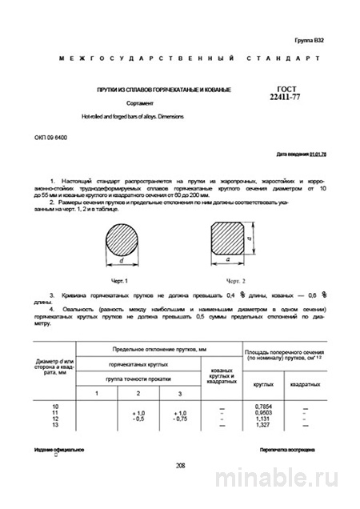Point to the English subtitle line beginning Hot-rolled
tap(131, 117)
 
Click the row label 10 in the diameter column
tap(55, 407)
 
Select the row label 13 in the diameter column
tap(55, 424)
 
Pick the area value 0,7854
tap(260, 407)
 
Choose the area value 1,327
tap(261, 424)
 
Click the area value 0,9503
tap(260, 412)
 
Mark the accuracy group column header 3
tap(180, 394)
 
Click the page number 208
tap(180, 464)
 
